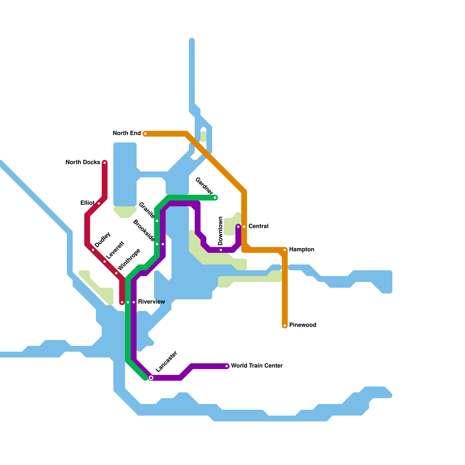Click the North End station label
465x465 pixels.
(x=127, y=133)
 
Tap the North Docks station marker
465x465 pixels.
(x=105, y=163)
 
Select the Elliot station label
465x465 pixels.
(x=87, y=203)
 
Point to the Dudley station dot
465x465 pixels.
(x=93, y=250)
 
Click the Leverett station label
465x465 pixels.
(x=115, y=250)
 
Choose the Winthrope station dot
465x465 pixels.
(x=116, y=273)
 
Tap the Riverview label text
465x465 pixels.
(x=151, y=302)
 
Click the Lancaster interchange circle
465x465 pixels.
(x=151, y=378)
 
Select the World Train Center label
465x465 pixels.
(x=257, y=366)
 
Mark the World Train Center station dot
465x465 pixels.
(x=227, y=366)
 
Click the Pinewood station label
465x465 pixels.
(x=303, y=325)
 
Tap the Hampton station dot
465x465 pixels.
(x=285, y=250)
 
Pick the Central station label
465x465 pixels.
(x=258, y=226)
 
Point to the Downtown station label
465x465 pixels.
(x=221, y=231)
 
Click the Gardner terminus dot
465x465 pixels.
(x=215, y=198)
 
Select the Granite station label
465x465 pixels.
(x=146, y=210)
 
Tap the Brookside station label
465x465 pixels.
(x=144, y=231)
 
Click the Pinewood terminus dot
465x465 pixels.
(x=285, y=326)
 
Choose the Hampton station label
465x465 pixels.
(x=302, y=250)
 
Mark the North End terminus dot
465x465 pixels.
(x=145, y=134)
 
